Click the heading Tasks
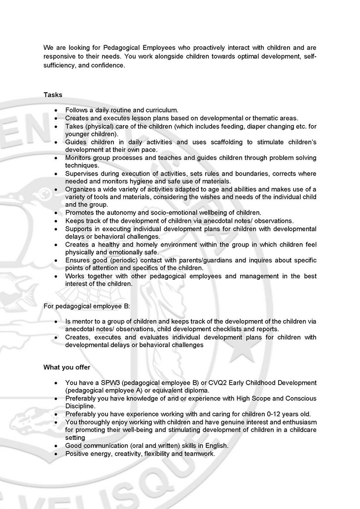point(53,94)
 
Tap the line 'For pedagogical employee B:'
point(86,307)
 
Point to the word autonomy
point(117,213)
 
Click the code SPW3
point(106,383)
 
